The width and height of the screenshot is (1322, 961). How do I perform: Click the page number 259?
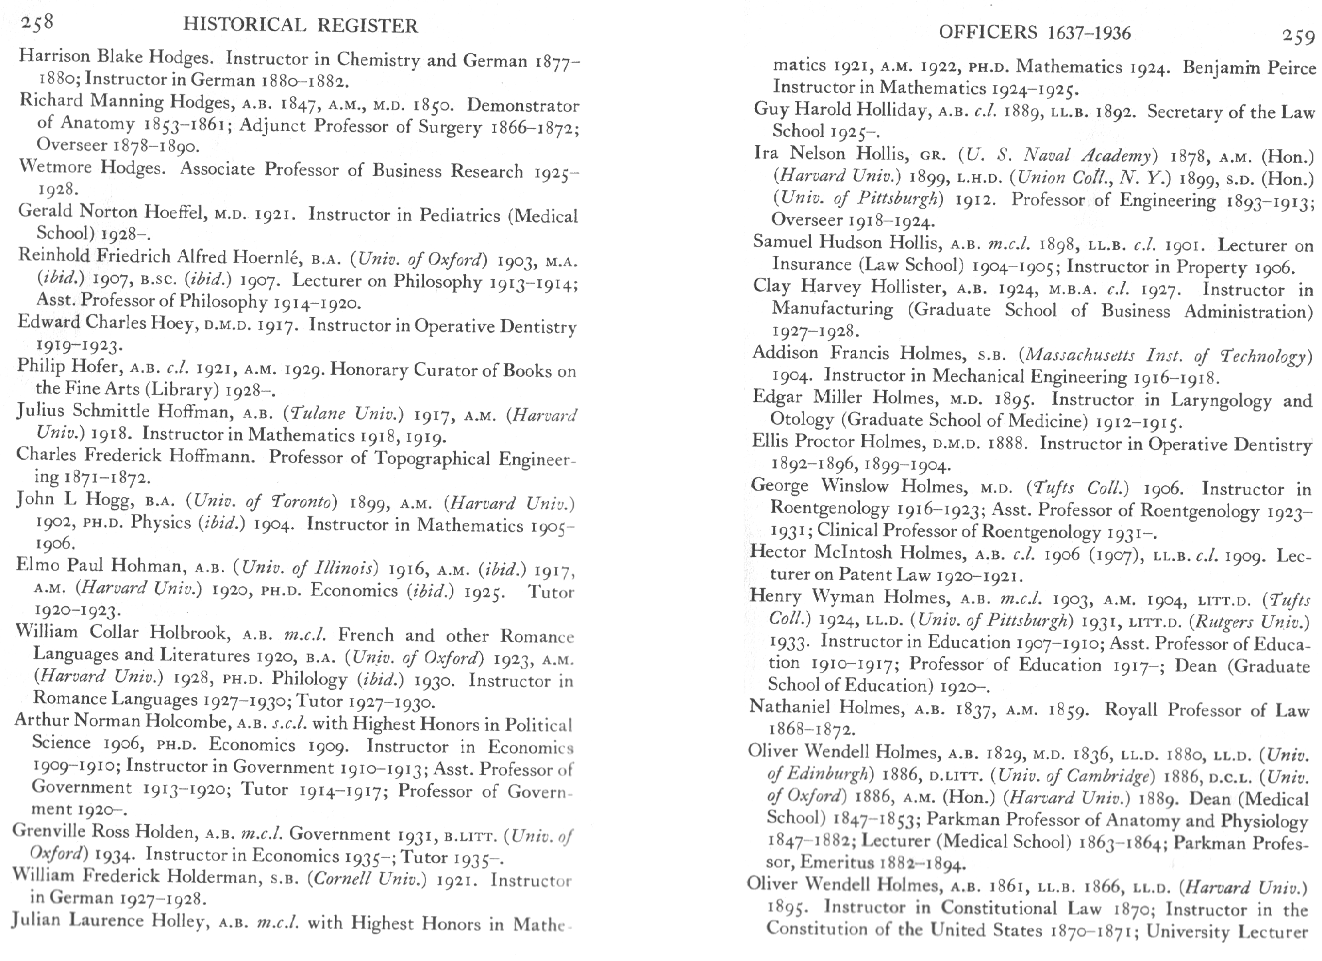pyautogui.click(x=1297, y=37)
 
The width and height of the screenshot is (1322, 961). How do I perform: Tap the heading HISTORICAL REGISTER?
pyautogui.click(x=300, y=26)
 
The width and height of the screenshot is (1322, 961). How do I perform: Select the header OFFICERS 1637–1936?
pyautogui.click(x=1035, y=33)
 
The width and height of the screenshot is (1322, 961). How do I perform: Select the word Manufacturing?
pyautogui.click(x=832, y=309)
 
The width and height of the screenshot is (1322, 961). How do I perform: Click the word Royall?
pyautogui.click(x=1133, y=709)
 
